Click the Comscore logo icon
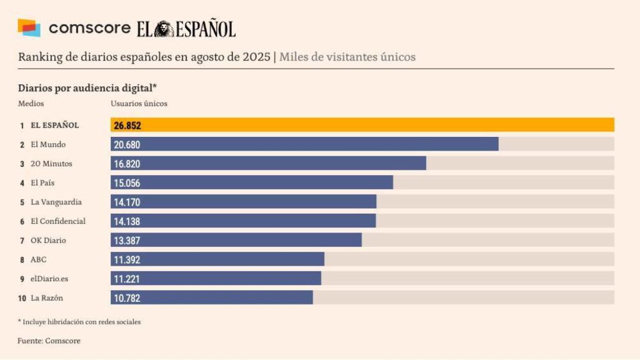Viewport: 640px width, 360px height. tap(29, 28)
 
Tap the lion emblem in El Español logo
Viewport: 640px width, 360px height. tap(164, 29)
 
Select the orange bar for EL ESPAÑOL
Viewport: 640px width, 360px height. tap(362, 125)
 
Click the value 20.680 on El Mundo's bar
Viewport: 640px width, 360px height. tap(127, 144)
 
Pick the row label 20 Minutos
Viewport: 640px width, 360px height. tap(51, 164)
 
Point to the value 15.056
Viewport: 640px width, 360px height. tap(127, 182)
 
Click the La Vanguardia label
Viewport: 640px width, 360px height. tap(56, 202)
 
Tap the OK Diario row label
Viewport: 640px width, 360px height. tap(48, 240)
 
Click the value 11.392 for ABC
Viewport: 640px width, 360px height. tap(127, 259)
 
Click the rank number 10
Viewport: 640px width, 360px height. tap(22, 298)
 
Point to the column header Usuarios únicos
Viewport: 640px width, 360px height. tap(139, 104)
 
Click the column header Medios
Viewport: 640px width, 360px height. tap(31, 104)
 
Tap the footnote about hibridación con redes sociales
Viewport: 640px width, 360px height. tap(79, 322)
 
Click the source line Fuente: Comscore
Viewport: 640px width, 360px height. tap(49, 341)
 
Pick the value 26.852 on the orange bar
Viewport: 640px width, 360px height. tap(127, 126)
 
